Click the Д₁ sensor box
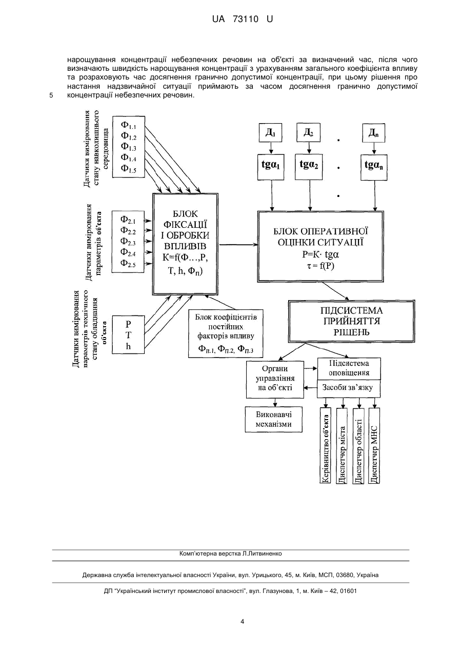[x=271, y=133]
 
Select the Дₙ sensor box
[x=373, y=133]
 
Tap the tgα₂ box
[x=309, y=167]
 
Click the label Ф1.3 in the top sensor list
[x=129, y=147]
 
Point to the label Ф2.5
[x=128, y=263]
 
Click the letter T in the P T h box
[x=128, y=335]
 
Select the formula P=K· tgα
[x=320, y=255]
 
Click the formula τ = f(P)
[x=320, y=266]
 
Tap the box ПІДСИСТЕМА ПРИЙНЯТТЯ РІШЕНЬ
[x=352, y=321]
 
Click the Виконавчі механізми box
[x=274, y=420]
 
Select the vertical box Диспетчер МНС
[x=374, y=446]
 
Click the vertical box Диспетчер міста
[x=342, y=446]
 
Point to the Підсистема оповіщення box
[x=349, y=369]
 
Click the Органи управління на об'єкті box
[x=275, y=380]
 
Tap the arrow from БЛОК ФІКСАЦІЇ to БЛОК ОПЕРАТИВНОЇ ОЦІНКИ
[x=238, y=245]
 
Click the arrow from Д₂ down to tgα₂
[x=309, y=148]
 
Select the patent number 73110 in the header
[x=246, y=19]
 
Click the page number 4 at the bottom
[x=242, y=622]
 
